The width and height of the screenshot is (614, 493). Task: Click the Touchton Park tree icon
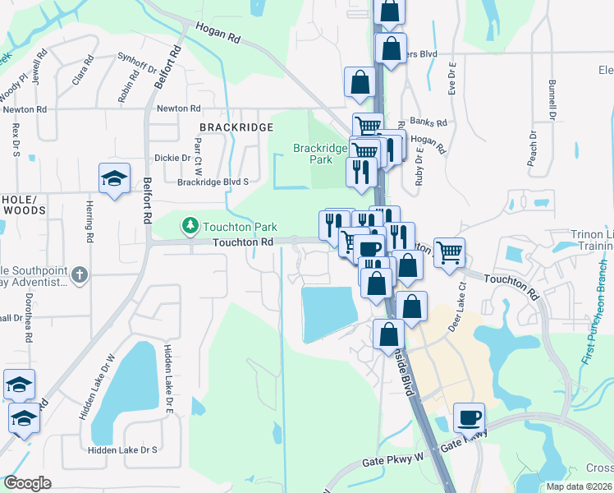click(190, 225)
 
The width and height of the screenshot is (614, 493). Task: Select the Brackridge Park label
click(320, 154)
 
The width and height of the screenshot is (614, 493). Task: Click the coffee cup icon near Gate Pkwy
click(469, 417)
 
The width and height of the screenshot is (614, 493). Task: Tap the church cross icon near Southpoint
click(79, 275)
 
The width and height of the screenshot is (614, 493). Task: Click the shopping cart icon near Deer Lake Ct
click(449, 253)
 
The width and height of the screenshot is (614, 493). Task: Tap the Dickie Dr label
click(172, 157)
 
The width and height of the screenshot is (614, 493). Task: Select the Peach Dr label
click(534, 145)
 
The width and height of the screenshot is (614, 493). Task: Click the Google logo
click(26, 483)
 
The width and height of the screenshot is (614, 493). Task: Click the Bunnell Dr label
click(552, 99)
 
